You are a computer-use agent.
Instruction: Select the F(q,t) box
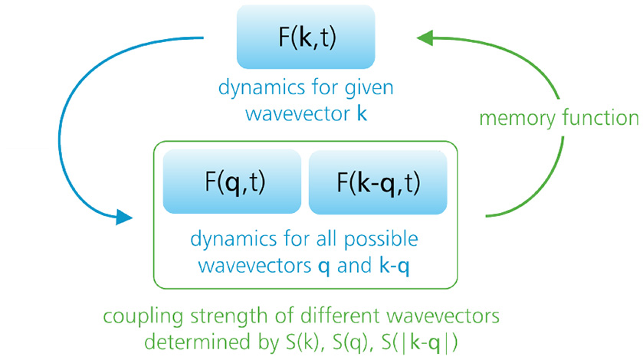pos(232,182)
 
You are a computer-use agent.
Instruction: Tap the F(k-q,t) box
pos(378,182)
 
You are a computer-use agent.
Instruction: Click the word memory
pos(513,119)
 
